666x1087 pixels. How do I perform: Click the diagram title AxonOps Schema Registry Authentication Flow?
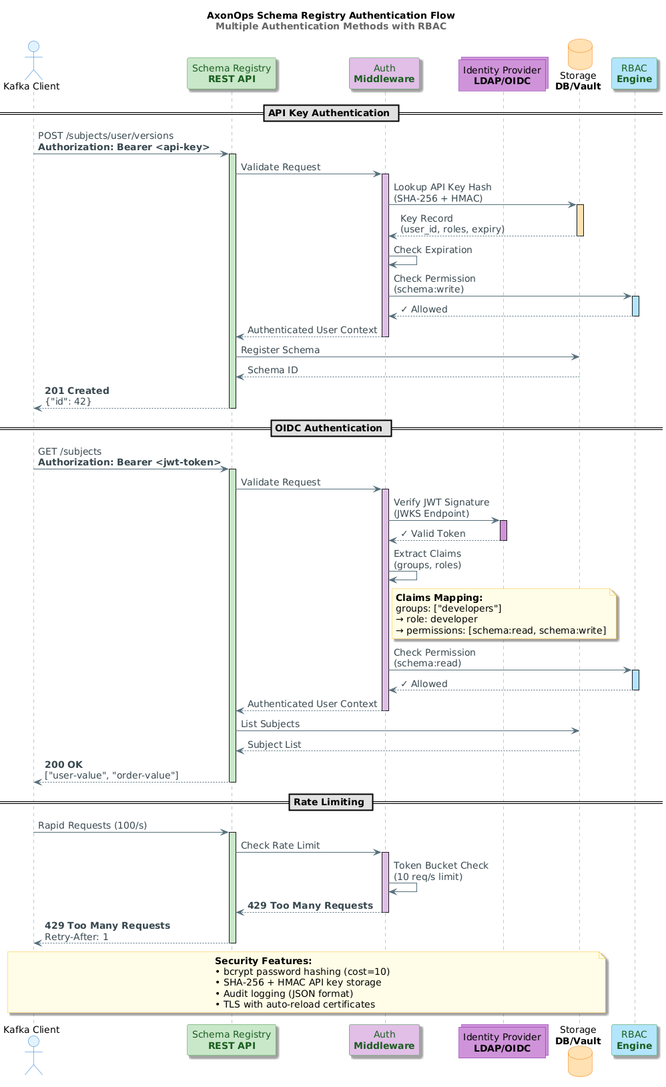[330, 15]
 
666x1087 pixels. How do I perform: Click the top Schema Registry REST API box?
[231, 73]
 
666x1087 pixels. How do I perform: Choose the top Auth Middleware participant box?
[384, 73]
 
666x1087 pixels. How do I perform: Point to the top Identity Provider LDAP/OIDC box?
[502, 75]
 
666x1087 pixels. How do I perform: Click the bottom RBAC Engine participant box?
[634, 1040]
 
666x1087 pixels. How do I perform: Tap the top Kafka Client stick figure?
[33, 60]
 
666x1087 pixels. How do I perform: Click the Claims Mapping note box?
[504, 614]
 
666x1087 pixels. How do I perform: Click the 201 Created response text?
[77, 391]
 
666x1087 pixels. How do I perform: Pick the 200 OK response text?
[63, 765]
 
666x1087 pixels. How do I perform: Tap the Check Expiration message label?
[432, 250]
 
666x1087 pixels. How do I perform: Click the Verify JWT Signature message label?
[441, 502]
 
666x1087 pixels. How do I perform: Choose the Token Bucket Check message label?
[440, 865]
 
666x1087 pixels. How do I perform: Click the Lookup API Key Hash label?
[442, 188]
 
